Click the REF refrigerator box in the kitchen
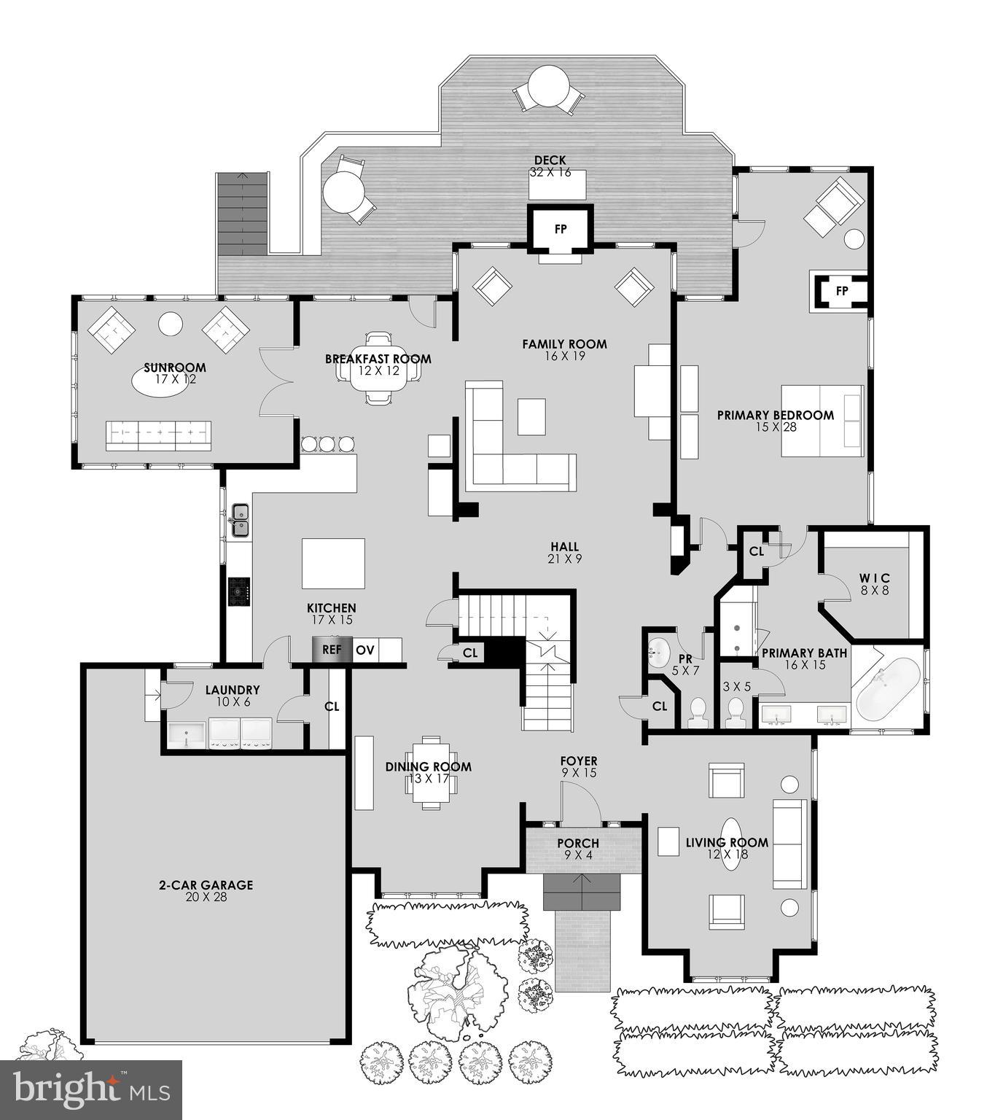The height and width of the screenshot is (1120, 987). (x=332, y=650)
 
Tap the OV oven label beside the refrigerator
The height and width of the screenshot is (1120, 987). (x=365, y=650)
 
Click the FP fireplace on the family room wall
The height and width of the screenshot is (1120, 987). (x=561, y=229)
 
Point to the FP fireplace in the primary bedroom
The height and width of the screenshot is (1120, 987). (x=842, y=291)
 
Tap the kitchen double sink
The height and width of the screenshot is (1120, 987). (x=240, y=520)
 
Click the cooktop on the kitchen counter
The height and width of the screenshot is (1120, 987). (x=239, y=591)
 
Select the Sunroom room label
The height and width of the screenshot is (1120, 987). (x=174, y=367)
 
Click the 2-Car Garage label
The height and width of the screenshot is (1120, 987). (x=206, y=885)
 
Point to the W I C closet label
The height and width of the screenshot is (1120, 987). (x=875, y=578)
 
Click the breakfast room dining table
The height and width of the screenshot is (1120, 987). (x=378, y=369)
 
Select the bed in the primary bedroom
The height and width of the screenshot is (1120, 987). (x=822, y=421)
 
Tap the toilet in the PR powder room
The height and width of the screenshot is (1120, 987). (x=698, y=711)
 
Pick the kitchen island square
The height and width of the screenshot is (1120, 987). (x=334, y=563)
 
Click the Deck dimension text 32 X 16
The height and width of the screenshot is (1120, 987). (x=550, y=173)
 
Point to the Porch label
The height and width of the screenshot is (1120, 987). (x=578, y=844)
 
